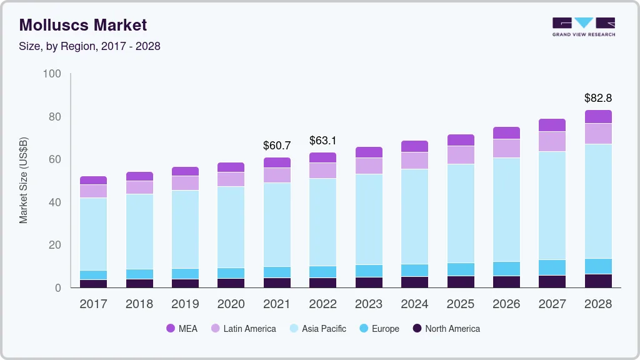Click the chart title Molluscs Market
[83, 25]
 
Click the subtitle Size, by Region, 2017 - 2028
[90, 46]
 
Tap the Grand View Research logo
[583, 26]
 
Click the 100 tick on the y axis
[52, 74]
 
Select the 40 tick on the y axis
[54, 202]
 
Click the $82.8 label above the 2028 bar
[597, 98]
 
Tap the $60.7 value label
[277, 146]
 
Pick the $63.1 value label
[322, 141]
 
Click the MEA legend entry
[182, 329]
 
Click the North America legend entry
[445, 329]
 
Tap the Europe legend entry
[378, 329]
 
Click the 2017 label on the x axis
[93, 304]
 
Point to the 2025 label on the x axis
[461, 304]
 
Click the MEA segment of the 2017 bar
[93, 180]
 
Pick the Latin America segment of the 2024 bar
[414, 161]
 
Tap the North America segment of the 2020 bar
[231, 283]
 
